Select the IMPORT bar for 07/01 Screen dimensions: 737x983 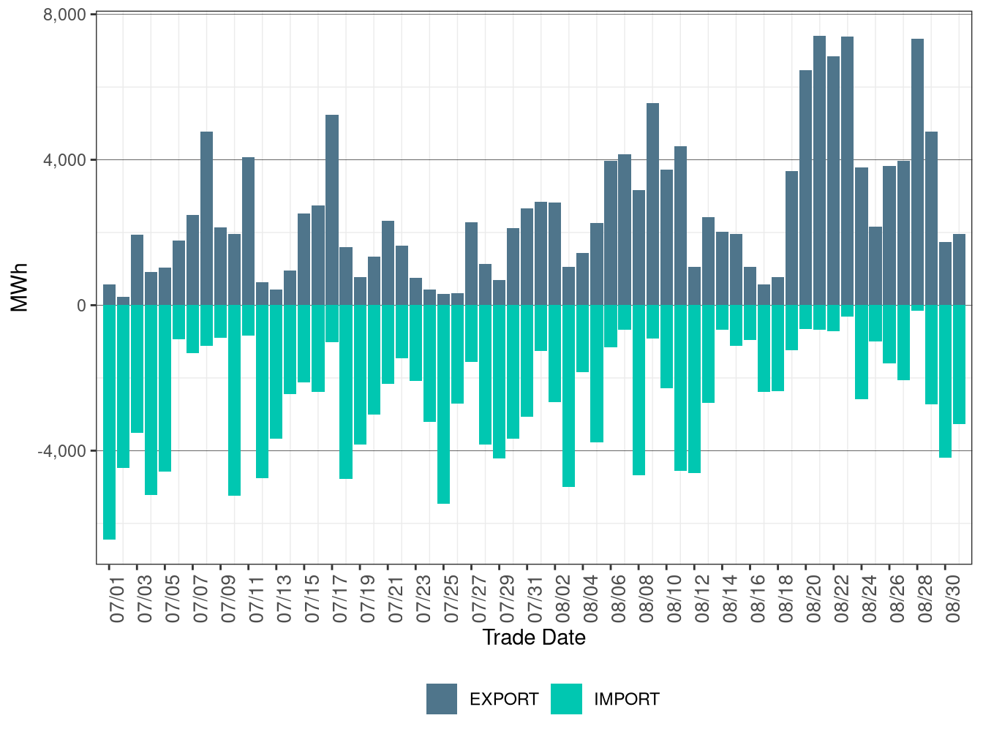[x=109, y=422]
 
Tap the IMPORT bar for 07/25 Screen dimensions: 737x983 [x=443, y=404]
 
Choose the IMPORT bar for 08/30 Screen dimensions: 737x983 [x=945, y=381]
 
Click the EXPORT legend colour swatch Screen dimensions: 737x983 [x=442, y=699]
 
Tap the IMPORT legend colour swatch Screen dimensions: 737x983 [x=566, y=699]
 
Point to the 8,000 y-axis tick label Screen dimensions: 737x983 [x=65, y=15]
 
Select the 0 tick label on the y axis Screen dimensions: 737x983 [x=81, y=306]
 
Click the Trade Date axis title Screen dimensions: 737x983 [x=534, y=638]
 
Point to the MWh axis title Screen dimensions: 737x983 [x=20, y=288]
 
